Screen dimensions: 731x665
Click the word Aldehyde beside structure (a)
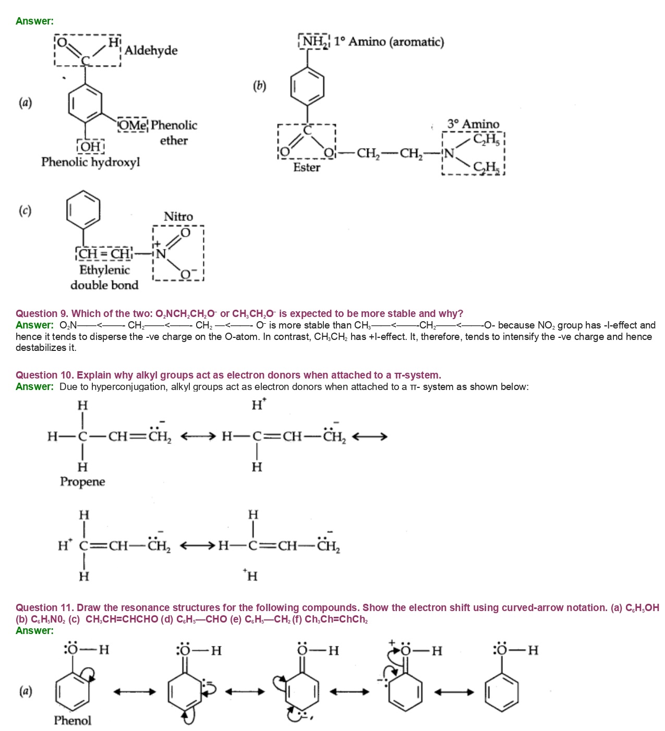[151, 51]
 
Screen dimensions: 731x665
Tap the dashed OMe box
[133, 125]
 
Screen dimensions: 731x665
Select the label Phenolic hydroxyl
[91, 162]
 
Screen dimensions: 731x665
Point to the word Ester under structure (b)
[307, 167]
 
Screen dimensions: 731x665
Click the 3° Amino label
[473, 124]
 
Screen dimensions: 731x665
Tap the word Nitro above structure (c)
[178, 216]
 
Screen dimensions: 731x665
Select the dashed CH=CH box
[105, 254]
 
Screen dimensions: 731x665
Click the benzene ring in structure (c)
[83, 210]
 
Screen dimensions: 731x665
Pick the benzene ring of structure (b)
[307, 86]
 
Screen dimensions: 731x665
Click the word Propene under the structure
[82, 482]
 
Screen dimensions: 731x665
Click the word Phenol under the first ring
[72, 721]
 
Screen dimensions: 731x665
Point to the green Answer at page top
[34, 21]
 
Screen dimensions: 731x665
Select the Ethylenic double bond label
[104, 277]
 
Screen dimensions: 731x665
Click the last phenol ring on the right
[501, 692]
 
